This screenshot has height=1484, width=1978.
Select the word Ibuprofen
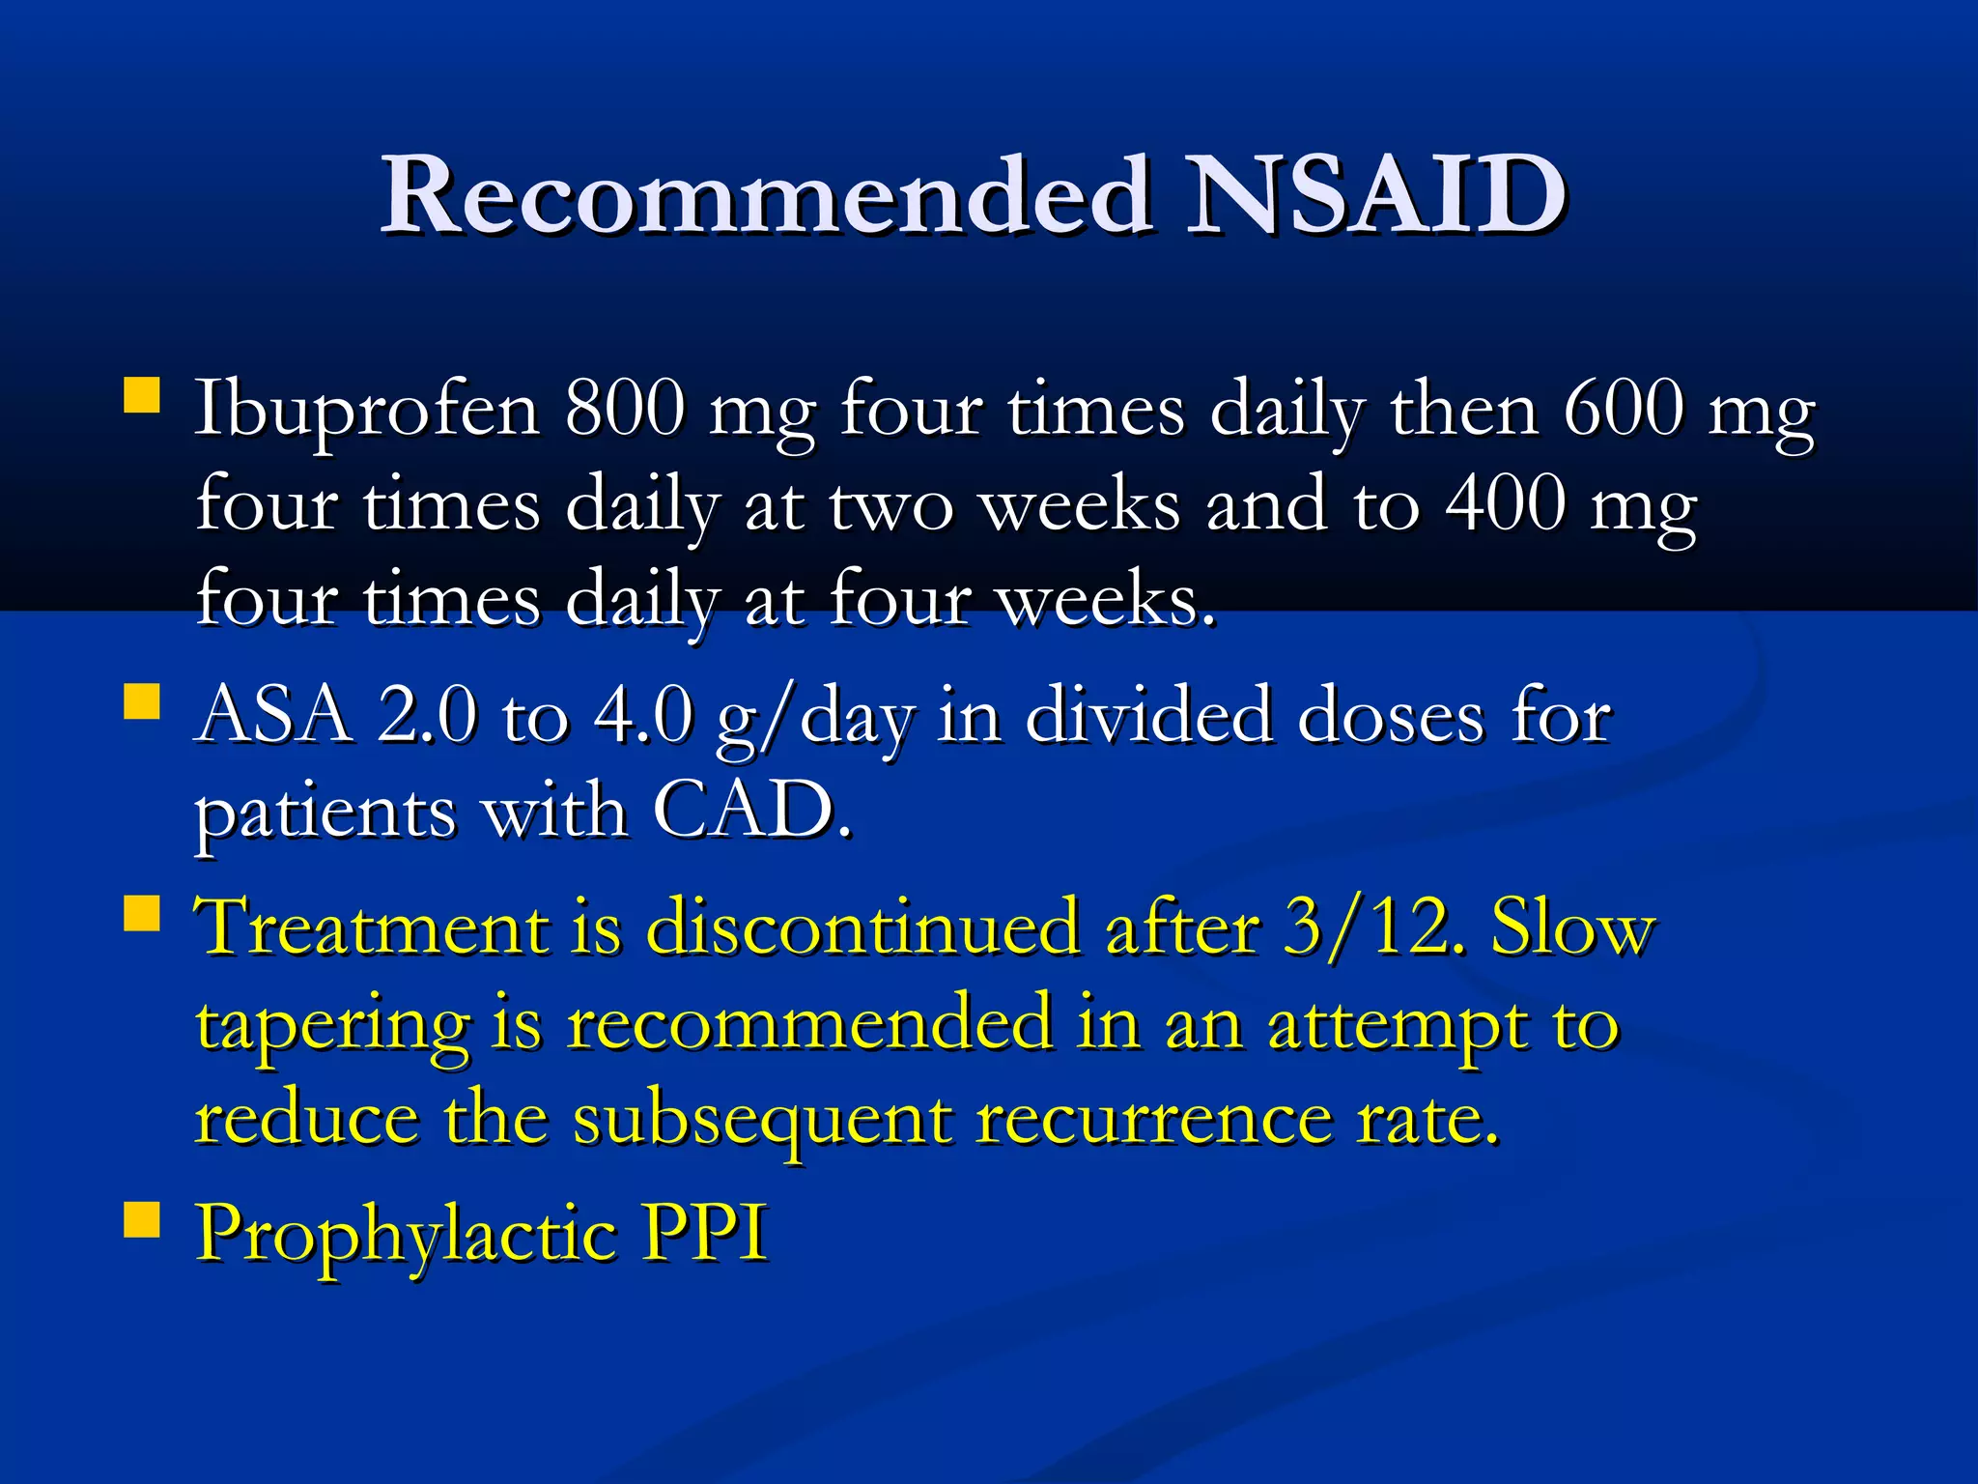pos(367,411)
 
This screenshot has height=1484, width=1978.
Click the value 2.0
pos(427,715)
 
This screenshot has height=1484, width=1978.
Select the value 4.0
pos(643,715)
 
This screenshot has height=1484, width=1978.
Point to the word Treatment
pos(372,927)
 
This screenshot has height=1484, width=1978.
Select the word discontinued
pos(862,927)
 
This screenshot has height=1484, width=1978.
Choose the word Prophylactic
pos(406,1235)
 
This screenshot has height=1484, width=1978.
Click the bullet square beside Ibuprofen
pos(142,396)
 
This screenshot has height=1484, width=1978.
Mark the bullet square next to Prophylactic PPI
pos(142,1219)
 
